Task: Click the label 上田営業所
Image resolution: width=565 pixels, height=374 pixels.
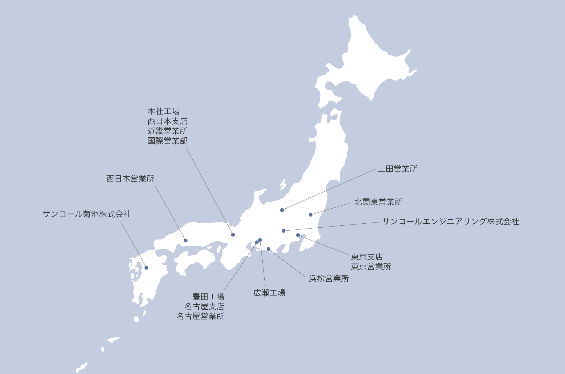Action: point(397,169)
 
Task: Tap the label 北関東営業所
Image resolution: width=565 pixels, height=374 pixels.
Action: point(378,202)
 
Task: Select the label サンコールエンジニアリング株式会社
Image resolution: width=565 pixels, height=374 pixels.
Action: point(451,222)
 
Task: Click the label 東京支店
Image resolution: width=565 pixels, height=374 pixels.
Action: point(367,257)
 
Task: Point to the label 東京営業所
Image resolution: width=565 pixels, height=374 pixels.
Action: point(371,267)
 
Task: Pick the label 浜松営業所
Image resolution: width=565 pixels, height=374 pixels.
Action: point(329,278)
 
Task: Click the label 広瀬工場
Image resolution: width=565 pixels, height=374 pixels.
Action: point(269,293)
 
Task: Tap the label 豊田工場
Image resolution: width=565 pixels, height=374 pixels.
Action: point(208,297)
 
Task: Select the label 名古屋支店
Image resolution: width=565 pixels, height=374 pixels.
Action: point(204,306)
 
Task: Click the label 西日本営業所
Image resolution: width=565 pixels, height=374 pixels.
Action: point(130,179)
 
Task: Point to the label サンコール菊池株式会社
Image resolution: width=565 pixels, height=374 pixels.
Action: point(87,214)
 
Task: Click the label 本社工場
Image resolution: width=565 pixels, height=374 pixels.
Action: point(163,111)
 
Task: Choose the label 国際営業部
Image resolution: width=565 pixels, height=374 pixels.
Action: point(167,141)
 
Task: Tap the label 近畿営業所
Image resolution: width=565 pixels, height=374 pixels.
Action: point(167,131)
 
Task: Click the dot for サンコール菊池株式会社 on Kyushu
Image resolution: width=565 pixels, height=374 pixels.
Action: point(146,268)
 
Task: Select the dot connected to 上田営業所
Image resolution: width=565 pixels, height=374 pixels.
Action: point(282,210)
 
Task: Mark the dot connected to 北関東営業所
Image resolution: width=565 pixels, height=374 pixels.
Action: point(310,215)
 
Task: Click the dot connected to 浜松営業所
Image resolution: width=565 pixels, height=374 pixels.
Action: point(268,249)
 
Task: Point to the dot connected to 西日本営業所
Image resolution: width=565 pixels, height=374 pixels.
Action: point(186,240)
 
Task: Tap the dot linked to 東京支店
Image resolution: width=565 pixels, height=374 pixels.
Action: point(298,235)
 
